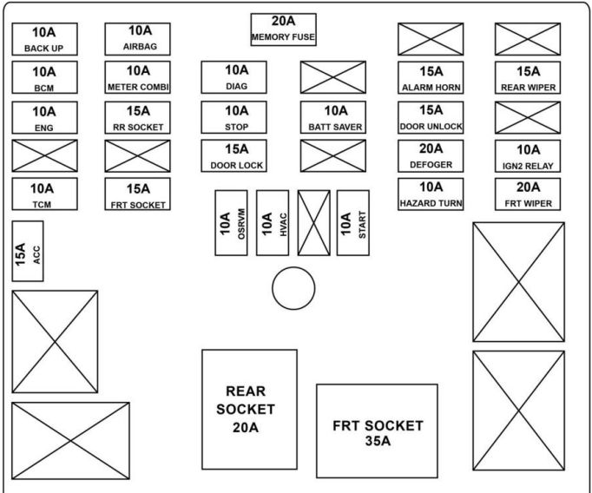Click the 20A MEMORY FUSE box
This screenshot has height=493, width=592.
283,30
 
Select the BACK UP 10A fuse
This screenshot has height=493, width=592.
44,39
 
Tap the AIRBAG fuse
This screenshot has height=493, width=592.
137,39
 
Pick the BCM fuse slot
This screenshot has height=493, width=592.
44,77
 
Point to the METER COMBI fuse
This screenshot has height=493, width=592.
137,77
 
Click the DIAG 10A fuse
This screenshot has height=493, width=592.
237,77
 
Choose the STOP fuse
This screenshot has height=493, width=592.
237,116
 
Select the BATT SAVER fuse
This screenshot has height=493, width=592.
335,116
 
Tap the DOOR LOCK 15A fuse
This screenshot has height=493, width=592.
237,155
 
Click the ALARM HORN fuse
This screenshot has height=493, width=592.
431,77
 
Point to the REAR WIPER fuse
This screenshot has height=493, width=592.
528,77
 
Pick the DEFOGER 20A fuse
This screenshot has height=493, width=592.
431,155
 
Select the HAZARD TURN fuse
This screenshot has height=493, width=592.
431,194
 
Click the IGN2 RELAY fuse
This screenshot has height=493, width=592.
528,155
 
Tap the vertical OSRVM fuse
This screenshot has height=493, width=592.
233,222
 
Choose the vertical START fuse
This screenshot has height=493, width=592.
352,222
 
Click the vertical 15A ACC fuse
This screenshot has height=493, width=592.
28,252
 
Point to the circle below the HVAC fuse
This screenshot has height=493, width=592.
293,288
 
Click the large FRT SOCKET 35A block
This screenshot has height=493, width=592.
378,431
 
